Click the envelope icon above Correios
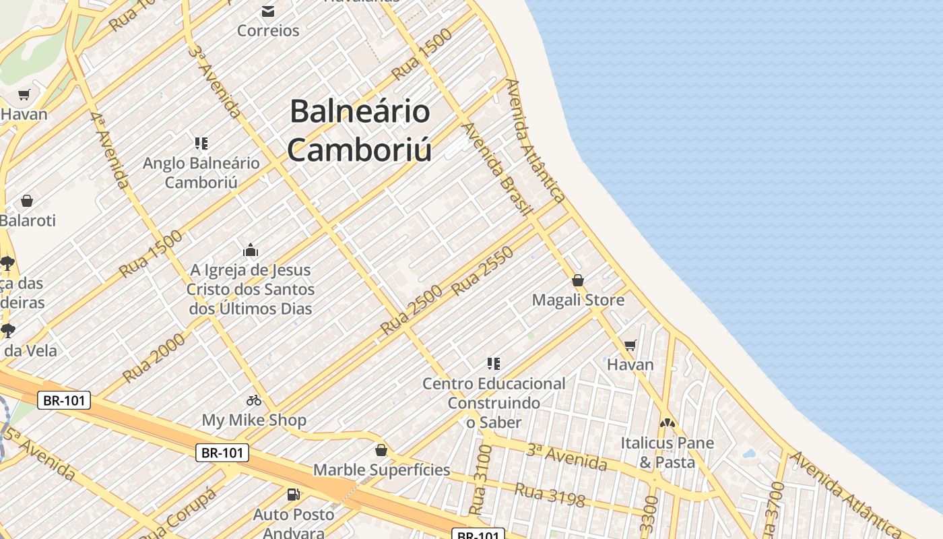click(268, 11)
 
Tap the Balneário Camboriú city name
click(360, 131)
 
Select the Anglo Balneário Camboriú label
click(201, 172)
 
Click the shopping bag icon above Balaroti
click(27, 201)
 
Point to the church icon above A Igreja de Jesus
click(251, 251)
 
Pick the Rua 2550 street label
click(483, 271)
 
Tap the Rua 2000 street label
click(154, 357)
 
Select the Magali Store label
click(578, 300)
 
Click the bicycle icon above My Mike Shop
click(254, 400)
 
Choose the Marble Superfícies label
click(381, 470)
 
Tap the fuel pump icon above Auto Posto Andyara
click(293, 495)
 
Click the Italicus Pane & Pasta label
click(667, 453)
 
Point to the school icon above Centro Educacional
click(494, 364)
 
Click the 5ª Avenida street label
click(39, 453)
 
